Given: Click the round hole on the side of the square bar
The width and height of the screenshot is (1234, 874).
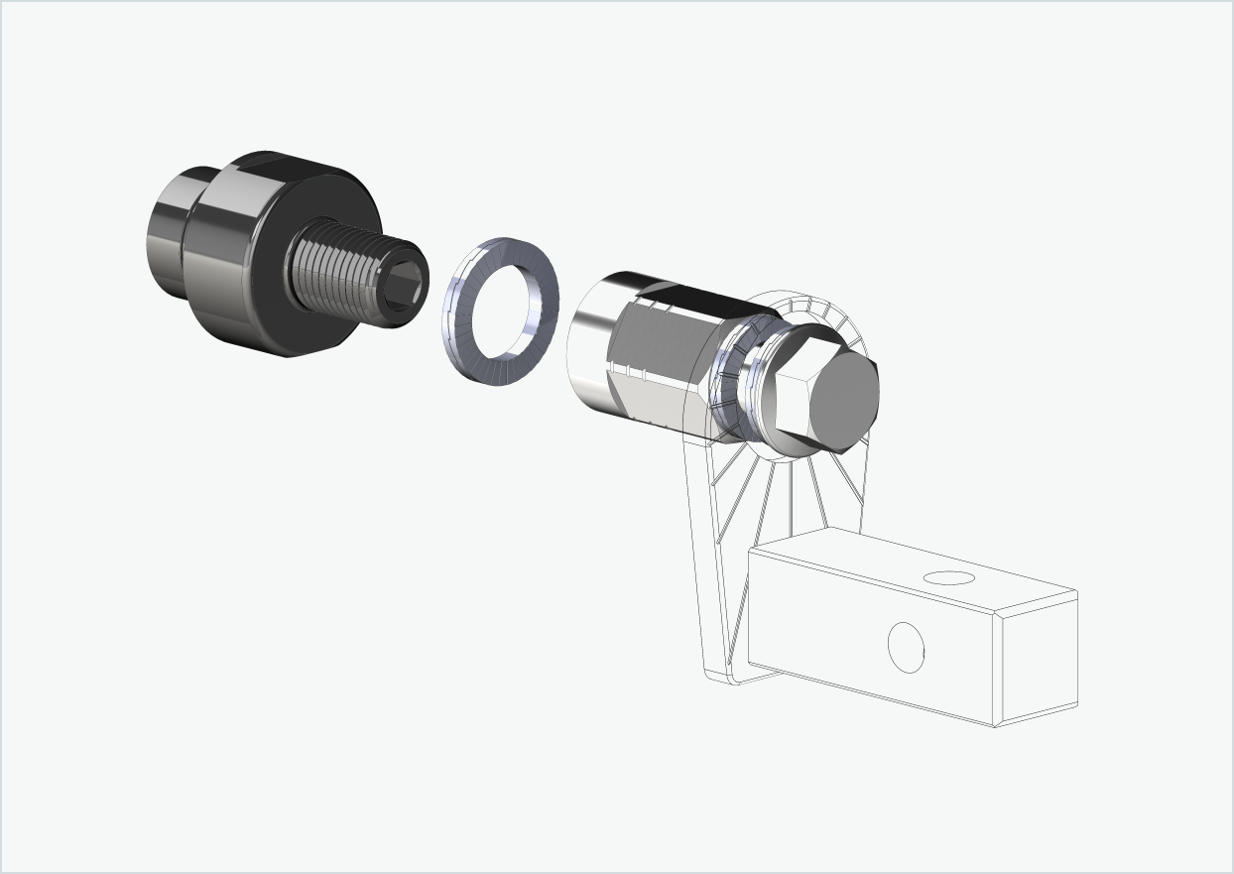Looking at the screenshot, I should pos(905,647).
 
